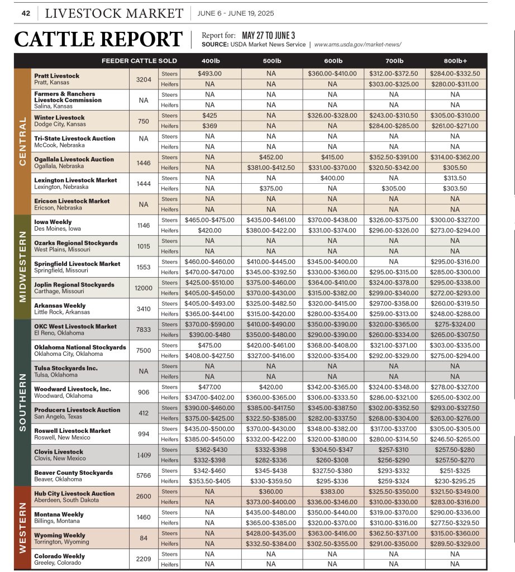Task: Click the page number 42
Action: click(25, 13)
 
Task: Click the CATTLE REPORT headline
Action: click(98, 39)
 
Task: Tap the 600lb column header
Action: click(332, 60)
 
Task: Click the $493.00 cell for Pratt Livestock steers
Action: click(209, 73)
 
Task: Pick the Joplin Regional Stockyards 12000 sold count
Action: click(144, 288)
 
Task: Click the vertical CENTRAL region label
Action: click(22, 141)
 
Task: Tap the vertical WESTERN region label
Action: click(22, 527)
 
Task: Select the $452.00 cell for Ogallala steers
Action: click(271, 157)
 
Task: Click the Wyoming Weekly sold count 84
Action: click(144, 538)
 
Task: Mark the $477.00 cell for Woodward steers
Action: click(209, 387)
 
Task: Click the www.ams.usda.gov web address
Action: click(357, 45)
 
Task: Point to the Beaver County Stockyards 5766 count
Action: click(144, 475)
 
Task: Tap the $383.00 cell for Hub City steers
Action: click(332, 492)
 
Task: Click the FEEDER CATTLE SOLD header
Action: click(139, 60)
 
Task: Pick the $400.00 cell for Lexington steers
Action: click(332, 178)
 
